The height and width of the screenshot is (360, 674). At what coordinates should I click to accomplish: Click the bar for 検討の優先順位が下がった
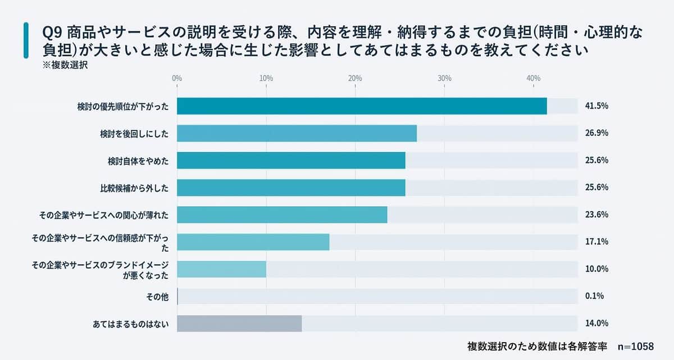coord(362,106)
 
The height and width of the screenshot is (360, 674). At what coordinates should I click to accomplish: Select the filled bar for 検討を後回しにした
coord(297,133)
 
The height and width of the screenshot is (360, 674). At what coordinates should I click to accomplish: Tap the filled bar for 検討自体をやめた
coord(291,161)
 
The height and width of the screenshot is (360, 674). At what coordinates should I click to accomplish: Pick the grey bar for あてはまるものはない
coord(239,323)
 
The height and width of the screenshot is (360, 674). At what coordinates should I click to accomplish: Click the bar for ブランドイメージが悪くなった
coord(221,269)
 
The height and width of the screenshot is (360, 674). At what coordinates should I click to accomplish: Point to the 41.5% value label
coord(596,106)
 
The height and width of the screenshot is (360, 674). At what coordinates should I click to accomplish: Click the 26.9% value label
coord(596,133)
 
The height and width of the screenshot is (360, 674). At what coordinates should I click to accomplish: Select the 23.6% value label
coord(596,215)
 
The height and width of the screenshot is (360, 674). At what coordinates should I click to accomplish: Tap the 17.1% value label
coord(596,241)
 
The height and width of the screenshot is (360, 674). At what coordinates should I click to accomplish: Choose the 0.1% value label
coord(594,296)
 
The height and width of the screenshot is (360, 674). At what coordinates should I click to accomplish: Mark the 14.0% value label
coord(596,323)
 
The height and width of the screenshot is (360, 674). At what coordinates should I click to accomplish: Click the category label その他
coord(157,296)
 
